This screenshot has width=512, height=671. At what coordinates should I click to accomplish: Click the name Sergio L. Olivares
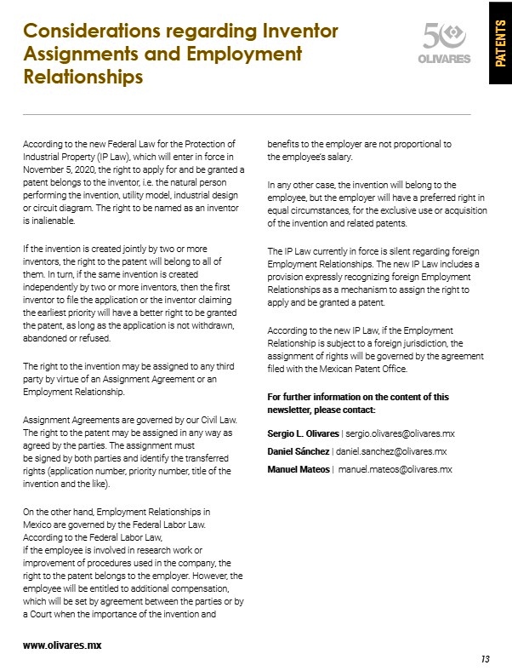(x=303, y=433)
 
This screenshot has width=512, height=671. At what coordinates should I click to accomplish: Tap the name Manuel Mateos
(x=299, y=469)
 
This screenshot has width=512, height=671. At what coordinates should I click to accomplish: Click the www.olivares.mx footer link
(x=62, y=645)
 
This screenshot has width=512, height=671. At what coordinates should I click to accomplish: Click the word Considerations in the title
(x=88, y=32)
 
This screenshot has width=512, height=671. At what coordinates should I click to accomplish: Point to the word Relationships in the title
(x=82, y=77)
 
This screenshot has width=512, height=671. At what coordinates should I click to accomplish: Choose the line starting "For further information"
(x=358, y=397)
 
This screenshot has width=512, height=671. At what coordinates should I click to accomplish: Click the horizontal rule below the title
(x=247, y=114)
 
